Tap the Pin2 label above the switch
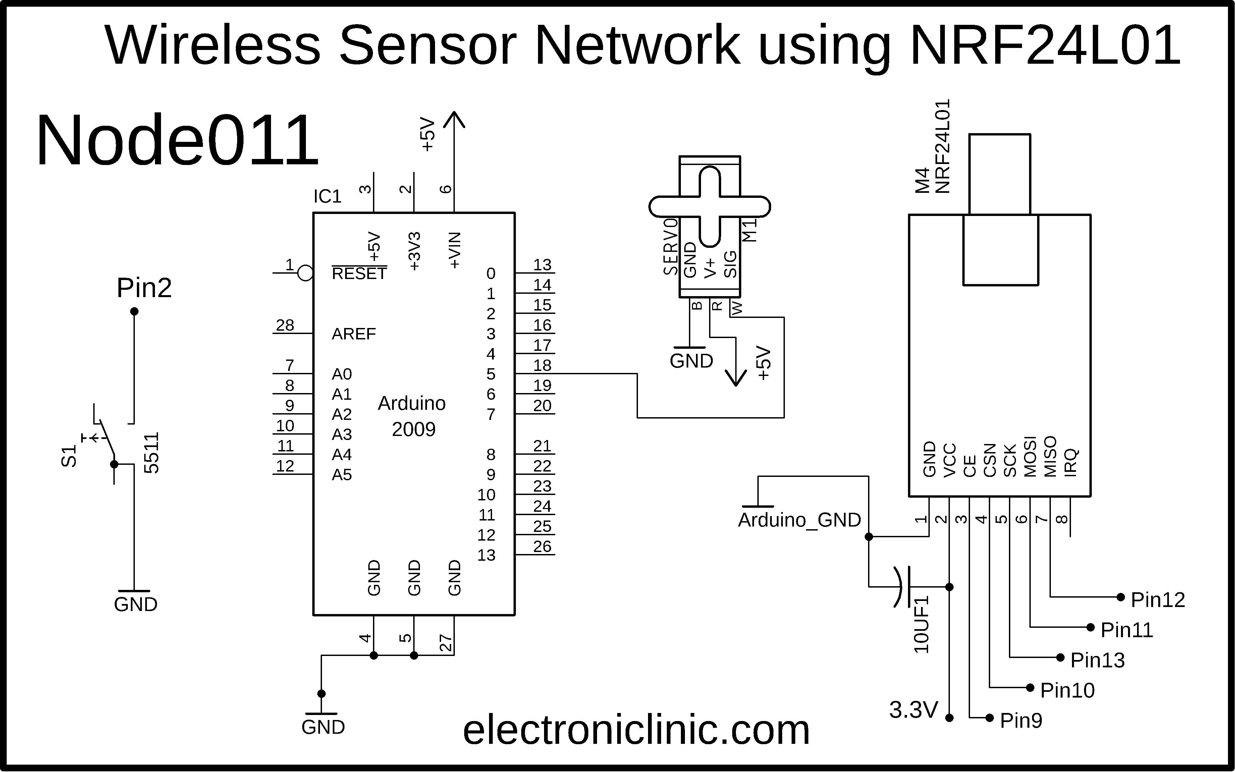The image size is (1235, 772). (144, 288)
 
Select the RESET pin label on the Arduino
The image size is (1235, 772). (359, 274)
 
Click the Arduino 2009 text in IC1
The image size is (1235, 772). (412, 417)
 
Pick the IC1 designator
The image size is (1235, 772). (327, 196)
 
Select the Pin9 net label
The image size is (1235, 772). (1021, 720)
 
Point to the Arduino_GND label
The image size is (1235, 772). (800, 520)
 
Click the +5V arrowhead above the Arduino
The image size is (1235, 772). (454, 119)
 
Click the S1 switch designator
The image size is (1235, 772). (68, 456)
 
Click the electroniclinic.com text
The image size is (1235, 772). (636, 730)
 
